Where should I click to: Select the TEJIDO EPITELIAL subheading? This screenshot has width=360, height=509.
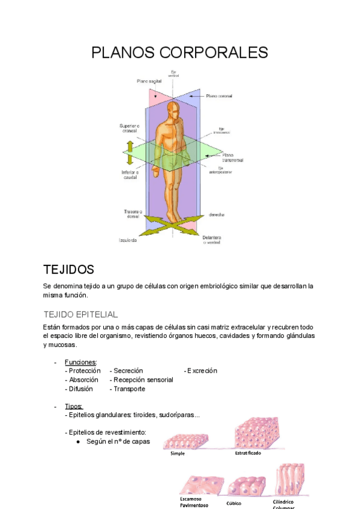coord(80,314)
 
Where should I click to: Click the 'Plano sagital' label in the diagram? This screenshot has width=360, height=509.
coord(150,81)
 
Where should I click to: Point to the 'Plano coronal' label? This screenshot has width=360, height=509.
coord(219,95)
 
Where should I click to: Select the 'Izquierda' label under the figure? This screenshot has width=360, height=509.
coord(127,240)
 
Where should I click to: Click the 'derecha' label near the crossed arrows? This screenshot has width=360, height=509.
coord(217,214)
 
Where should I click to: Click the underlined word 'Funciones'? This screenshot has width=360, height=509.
coord(80,362)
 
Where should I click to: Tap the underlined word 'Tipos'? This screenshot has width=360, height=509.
coord(74,406)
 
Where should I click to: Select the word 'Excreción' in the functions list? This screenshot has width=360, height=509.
coord(202,371)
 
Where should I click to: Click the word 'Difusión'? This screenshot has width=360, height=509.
coord(81,389)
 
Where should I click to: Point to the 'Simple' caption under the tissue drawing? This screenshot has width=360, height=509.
coord(178,454)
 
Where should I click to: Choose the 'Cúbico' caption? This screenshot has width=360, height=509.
coord(234,504)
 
